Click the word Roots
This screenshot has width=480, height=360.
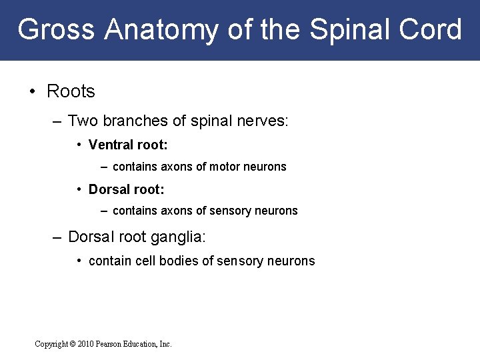click(71, 91)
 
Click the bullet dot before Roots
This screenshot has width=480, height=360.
click(33, 91)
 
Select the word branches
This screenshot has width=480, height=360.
click(137, 121)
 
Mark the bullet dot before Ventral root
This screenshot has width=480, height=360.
click(79, 145)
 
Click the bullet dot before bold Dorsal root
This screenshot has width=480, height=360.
click(79, 189)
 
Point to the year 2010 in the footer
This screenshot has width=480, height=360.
click(86, 344)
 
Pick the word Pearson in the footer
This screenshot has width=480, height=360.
click(111, 344)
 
